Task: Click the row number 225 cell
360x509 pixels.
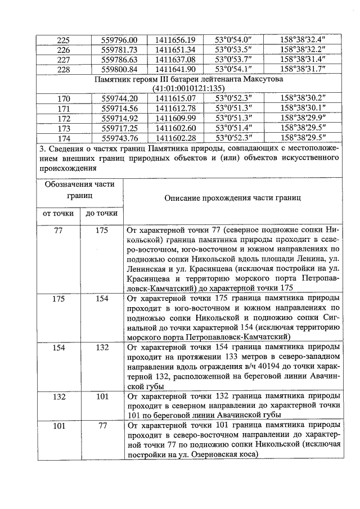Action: click(x=64, y=40)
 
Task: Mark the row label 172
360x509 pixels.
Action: click(x=64, y=119)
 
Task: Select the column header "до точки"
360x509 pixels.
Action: click(x=101, y=213)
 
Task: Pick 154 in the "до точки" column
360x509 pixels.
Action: click(x=101, y=299)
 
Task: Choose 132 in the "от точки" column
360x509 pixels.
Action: click(x=58, y=397)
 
